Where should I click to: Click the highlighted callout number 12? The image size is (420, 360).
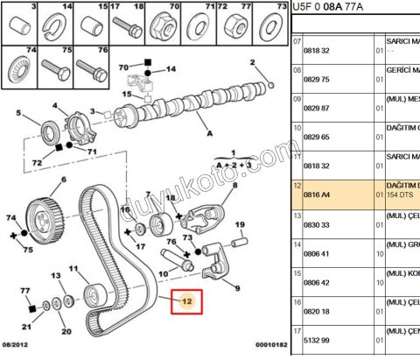click(185, 302)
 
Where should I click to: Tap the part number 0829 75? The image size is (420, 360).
click(316, 78)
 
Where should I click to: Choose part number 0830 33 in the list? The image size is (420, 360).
click(316, 224)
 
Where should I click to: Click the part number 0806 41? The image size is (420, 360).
click(316, 254)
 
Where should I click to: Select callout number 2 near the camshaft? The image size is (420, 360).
click(255, 62)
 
